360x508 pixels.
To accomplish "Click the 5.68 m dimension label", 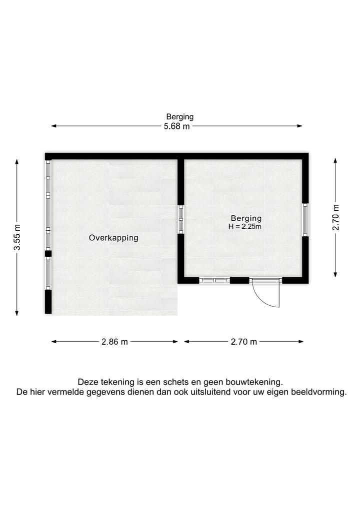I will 177,126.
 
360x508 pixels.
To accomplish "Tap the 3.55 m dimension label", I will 17,237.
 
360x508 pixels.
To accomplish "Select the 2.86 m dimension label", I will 115,342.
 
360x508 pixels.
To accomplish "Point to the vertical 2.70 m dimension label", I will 335,218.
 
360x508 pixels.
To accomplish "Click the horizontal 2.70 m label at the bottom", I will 244,342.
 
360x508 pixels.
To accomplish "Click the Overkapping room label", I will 113,238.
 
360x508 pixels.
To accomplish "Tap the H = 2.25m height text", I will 245,227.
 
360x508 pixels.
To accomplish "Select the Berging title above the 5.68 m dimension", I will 180,117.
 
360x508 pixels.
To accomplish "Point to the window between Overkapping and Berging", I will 181,219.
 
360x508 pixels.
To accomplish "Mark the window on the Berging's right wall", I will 305,219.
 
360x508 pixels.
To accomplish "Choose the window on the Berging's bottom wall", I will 214,280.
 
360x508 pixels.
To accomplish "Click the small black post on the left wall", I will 48,254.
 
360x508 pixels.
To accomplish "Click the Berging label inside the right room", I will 246,218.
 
